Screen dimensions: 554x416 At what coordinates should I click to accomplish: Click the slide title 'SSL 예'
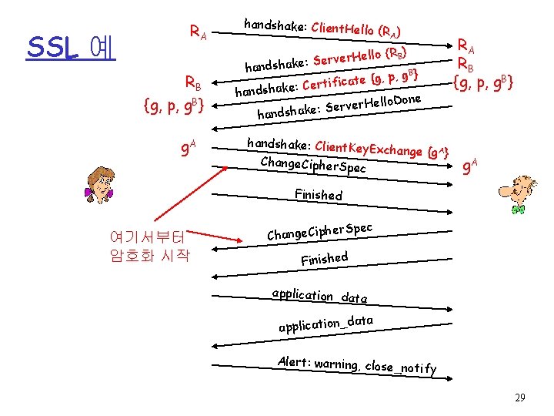pos(70,48)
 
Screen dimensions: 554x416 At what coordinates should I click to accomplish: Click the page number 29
pos(520,398)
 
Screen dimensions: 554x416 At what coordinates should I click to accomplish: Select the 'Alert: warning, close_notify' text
pos(357,365)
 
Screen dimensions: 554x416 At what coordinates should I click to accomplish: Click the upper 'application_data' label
pos(319,295)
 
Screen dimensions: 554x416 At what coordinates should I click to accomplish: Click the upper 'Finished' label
pos(319,194)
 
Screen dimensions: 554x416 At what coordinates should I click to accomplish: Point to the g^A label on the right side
pos(472,165)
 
